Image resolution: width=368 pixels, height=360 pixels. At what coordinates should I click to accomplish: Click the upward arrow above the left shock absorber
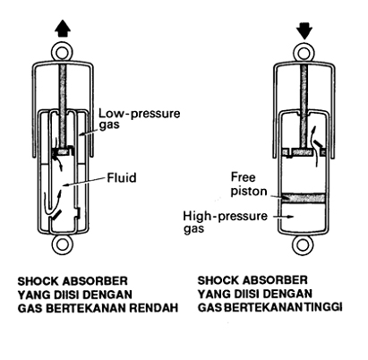point(63,29)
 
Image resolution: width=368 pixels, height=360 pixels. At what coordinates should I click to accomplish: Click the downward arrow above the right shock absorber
point(304,30)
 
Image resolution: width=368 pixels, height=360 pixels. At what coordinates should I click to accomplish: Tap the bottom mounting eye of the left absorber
point(63,244)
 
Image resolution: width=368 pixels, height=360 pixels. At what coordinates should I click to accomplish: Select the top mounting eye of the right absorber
point(304,54)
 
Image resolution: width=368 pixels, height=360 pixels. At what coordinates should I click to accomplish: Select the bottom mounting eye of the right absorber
point(303,244)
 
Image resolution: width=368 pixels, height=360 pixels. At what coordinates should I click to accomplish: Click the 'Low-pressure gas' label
point(140,118)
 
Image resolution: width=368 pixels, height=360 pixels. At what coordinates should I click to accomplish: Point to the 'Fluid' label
point(122,177)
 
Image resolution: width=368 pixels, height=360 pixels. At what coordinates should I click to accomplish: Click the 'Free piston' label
point(249,184)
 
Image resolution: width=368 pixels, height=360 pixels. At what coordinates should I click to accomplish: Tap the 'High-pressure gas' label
point(226,222)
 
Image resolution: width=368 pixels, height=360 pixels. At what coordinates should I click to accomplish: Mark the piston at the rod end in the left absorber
point(63,151)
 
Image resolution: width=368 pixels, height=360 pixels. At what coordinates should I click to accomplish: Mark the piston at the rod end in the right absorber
point(304,152)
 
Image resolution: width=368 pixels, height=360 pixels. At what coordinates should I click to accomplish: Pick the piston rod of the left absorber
point(63,106)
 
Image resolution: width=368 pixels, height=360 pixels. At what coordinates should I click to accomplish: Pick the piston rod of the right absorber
point(304,107)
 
